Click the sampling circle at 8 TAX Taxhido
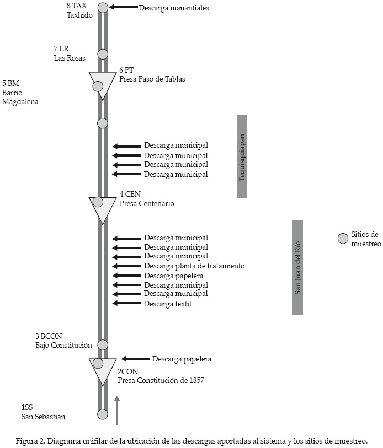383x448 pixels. [103, 8]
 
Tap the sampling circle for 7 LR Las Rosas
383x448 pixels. [103, 54]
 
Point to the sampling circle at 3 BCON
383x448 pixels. [103, 345]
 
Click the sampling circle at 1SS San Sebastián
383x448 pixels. [103, 414]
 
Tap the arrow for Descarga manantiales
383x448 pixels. [123, 8]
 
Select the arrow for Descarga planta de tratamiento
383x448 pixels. [126, 266]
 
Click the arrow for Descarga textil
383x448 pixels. [126, 303]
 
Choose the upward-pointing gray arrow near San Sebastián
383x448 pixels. [117, 410]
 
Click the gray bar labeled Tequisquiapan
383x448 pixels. [242, 156]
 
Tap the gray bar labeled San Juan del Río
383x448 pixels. [297, 268]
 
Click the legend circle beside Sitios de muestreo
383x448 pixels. [343, 239]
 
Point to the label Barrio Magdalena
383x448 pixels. [20, 97]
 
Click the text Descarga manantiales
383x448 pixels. [174, 8]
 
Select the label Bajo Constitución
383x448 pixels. [63, 346]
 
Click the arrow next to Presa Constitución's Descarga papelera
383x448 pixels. [135, 359]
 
